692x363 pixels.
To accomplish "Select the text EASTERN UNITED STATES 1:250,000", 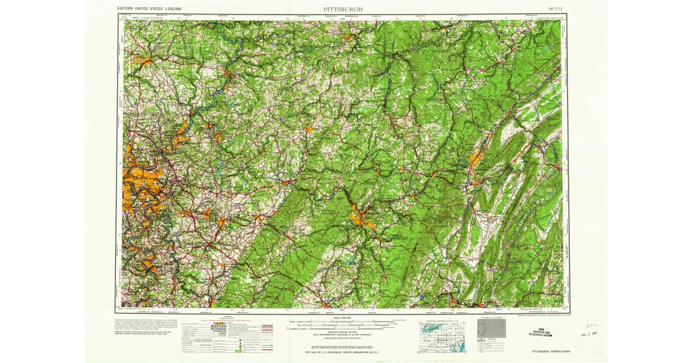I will point(149,9).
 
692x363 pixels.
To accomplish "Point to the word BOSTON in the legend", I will point(219,326).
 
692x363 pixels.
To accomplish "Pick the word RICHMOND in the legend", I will point(219,329).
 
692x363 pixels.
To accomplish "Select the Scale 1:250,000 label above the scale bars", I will point(343,318).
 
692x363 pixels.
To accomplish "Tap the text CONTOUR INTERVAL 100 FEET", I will point(343,332).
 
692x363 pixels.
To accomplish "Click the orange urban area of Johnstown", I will point(361,218).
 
